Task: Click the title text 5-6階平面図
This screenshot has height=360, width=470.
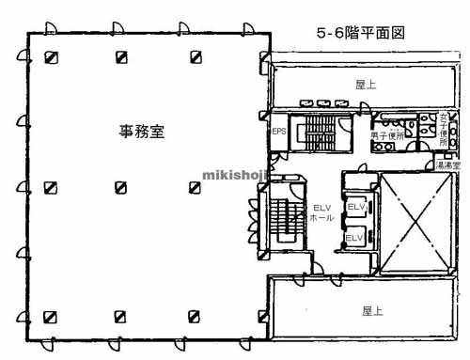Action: (x=360, y=31)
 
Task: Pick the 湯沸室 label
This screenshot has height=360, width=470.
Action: (x=448, y=165)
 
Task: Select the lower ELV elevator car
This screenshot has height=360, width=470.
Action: (x=354, y=238)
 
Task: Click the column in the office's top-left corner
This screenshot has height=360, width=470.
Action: (x=50, y=57)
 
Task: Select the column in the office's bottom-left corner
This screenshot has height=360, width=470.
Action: (x=50, y=316)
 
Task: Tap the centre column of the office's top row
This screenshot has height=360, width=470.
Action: (x=122, y=57)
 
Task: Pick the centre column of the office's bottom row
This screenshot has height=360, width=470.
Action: (x=122, y=316)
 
